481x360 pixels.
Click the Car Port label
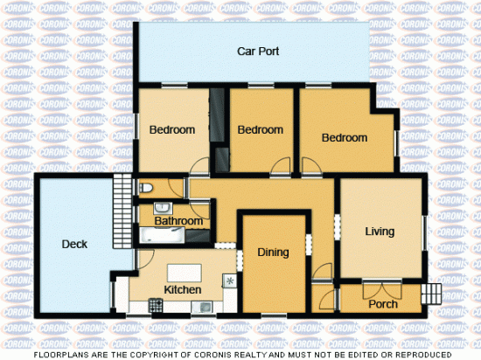pos(258,52)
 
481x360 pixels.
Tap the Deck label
pos(74,245)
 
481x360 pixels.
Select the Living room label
pos(379,232)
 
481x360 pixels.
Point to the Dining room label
pos(273,253)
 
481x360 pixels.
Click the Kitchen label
pos(183,289)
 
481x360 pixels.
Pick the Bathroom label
pos(178,222)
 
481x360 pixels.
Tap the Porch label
pos(383,304)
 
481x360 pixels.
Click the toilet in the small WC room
pos(145,187)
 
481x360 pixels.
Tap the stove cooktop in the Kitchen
pos(157,306)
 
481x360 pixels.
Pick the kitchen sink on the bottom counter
pos(205,307)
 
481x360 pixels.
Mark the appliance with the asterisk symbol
pos(230,281)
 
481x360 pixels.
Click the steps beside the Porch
pos(431,294)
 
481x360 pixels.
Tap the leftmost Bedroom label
pos(171,130)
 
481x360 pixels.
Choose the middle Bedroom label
pos(261,130)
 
